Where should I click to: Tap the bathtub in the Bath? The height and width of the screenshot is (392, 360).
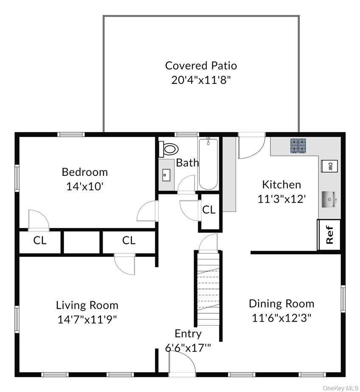(x=208, y=164)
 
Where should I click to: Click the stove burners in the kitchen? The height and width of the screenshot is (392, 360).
(x=298, y=146)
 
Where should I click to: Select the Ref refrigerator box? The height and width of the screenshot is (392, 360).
(x=329, y=234)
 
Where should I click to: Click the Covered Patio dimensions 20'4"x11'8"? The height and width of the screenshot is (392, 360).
(x=201, y=80)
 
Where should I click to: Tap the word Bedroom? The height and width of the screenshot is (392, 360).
(x=85, y=172)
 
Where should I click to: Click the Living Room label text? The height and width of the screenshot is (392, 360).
(x=87, y=305)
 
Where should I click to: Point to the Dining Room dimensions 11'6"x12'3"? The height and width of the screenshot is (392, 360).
(x=282, y=318)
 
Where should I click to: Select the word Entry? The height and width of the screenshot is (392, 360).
(x=188, y=334)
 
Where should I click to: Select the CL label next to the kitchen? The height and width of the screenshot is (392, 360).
(x=209, y=209)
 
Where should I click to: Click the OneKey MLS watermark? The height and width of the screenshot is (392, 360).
(x=340, y=388)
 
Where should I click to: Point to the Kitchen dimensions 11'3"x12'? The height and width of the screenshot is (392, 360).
(x=282, y=199)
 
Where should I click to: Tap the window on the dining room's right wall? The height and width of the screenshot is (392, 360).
(x=343, y=298)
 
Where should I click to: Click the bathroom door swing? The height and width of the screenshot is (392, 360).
(x=186, y=185)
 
